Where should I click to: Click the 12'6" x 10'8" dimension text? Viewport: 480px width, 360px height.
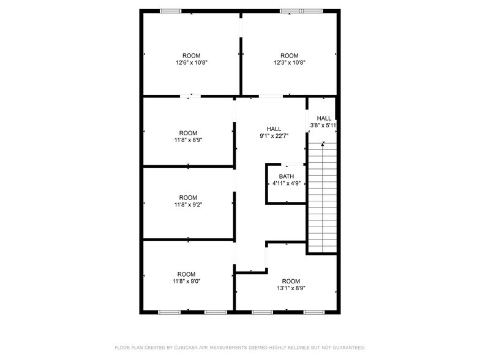(x=191, y=62)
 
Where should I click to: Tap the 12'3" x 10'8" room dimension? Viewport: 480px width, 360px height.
(x=289, y=62)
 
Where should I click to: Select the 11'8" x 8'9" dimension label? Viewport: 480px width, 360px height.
(x=188, y=140)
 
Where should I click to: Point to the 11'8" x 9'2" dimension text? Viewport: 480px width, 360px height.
(x=188, y=204)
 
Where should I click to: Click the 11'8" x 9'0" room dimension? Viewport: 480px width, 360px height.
(x=186, y=282)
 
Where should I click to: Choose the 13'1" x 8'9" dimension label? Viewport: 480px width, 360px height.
(x=290, y=288)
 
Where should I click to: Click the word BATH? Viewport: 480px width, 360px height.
(x=286, y=176)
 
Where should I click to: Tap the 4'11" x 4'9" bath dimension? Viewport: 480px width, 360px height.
(x=286, y=183)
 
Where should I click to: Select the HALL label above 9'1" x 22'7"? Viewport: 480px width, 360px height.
(x=274, y=129)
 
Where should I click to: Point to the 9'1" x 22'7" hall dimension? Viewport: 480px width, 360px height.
(x=274, y=136)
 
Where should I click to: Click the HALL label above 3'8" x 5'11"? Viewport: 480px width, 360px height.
(x=324, y=118)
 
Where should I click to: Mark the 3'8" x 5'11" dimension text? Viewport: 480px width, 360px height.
(x=323, y=126)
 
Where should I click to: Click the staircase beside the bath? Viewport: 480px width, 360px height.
(x=322, y=196)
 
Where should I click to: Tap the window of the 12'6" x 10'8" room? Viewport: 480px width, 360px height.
(x=171, y=11)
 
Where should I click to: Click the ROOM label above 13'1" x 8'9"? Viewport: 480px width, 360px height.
(x=290, y=280)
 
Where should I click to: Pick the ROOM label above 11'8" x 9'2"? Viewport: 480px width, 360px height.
(x=188, y=197)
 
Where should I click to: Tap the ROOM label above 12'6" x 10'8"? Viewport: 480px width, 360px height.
(x=191, y=55)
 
